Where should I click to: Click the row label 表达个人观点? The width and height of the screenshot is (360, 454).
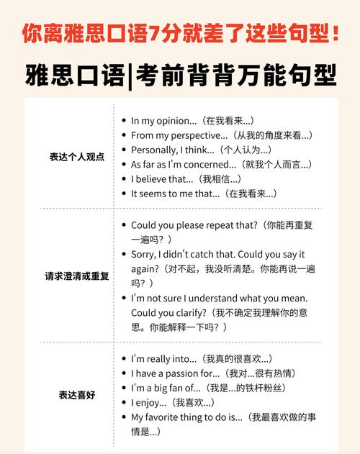[x=76, y=157]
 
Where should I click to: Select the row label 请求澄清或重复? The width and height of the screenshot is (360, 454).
[x=76, y=276]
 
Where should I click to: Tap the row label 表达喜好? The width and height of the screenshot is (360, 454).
[x=76, y=395]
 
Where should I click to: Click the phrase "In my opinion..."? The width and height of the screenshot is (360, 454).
[x=163, y=121]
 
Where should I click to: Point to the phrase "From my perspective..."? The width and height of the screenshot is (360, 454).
[x=179, y=135]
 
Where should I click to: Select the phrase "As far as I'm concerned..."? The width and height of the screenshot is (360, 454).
[x=184, y=165]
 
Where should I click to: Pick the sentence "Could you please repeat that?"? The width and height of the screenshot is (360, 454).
[x=193, y=225]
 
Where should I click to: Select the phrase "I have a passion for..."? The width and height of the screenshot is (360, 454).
[x=175, y=373]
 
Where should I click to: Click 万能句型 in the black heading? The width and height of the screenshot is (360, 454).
[x=289, y=74]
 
